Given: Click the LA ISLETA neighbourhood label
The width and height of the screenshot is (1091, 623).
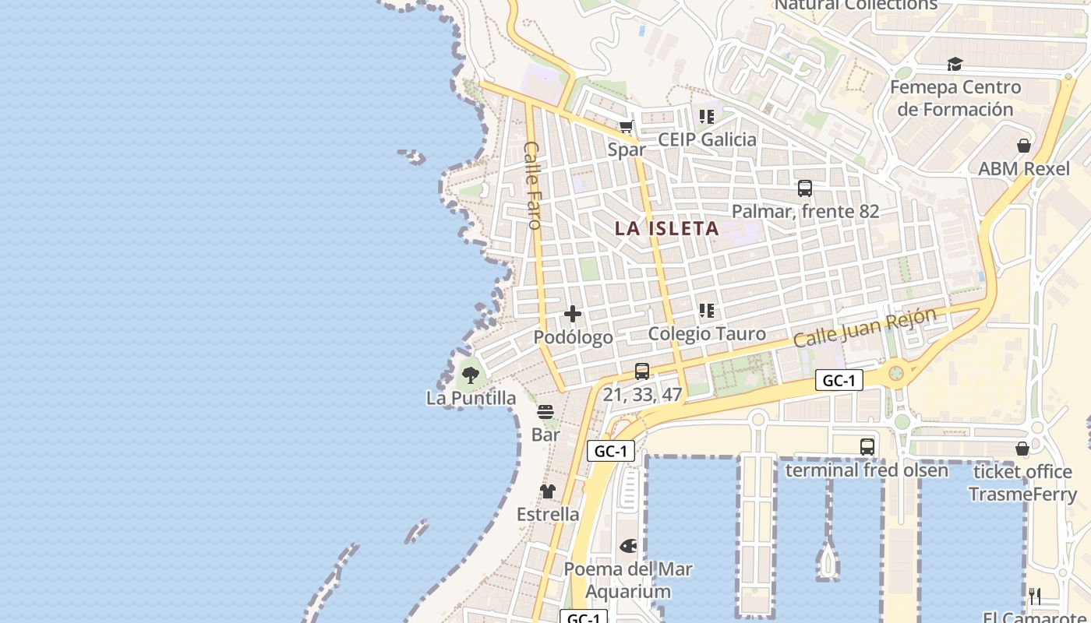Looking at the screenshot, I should pos(666,228).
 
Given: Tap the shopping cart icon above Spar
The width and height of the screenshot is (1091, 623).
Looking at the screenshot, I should pos(626,126).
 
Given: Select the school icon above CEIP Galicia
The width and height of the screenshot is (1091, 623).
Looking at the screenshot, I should pos(707,117).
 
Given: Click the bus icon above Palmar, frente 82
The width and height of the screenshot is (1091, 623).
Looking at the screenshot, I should pos(805,188).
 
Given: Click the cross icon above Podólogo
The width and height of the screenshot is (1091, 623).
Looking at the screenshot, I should pos(573,314).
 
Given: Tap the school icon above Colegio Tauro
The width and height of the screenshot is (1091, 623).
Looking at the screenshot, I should pos(707,311).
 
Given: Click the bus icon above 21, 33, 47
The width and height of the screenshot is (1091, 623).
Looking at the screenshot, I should pos(642,371).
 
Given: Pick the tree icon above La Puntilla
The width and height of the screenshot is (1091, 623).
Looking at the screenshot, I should pos(471,375).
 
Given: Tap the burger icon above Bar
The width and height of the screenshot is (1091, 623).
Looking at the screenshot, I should pos(545,412).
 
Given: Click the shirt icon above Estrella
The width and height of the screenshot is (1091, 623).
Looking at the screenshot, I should pos(548,491).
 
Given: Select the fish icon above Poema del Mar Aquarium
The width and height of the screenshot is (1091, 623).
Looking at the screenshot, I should pos(628,546).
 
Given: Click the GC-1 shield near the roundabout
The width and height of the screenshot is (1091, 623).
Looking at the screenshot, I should pos(839,380).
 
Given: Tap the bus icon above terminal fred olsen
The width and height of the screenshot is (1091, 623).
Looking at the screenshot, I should pos(867,447).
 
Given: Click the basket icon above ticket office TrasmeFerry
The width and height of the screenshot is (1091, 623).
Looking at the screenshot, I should pos(1022,449).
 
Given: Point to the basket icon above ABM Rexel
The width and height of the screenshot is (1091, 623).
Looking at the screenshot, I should pos(1024,146).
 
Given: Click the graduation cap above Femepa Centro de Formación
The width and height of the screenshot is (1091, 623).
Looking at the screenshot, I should pos(955,65).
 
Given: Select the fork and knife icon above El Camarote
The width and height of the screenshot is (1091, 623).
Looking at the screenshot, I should pos(1035,597).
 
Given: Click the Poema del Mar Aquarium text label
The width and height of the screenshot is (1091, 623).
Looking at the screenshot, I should pos(628,580).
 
